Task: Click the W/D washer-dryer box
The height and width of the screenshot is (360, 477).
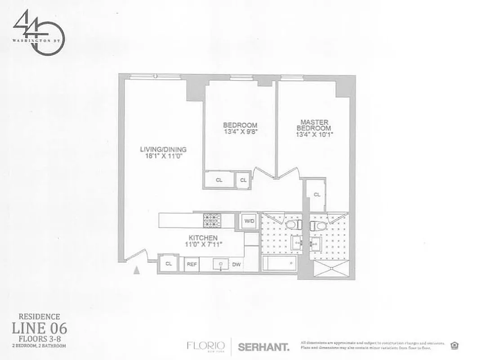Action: [x=249, y=221]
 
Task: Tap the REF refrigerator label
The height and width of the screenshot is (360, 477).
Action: [x=192, y=265]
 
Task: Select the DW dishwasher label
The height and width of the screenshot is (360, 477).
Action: [x=236, y=265]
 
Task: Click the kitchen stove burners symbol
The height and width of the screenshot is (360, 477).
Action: [x=210, y=220]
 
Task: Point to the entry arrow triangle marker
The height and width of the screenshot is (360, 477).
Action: [x=137, y=270]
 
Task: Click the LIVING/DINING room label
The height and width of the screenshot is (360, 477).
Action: [x=163, y=149]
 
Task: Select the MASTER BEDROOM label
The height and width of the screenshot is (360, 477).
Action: [x=314, y=125]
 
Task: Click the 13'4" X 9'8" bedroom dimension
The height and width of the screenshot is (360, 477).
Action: [x=240, y=132]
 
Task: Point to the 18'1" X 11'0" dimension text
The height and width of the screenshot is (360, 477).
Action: [x=163, y=157]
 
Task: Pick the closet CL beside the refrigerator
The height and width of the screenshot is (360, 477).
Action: [x=169, y=264]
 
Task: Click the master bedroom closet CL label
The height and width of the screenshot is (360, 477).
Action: [x=317, y=194]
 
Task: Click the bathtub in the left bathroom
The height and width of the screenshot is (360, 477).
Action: [x=280, y=263]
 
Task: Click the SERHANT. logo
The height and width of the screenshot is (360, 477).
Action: [x=263, y=347]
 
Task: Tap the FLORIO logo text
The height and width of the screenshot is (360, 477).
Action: [x=206, y=346]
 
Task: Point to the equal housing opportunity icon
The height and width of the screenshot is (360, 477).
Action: [x=455, y=346]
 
